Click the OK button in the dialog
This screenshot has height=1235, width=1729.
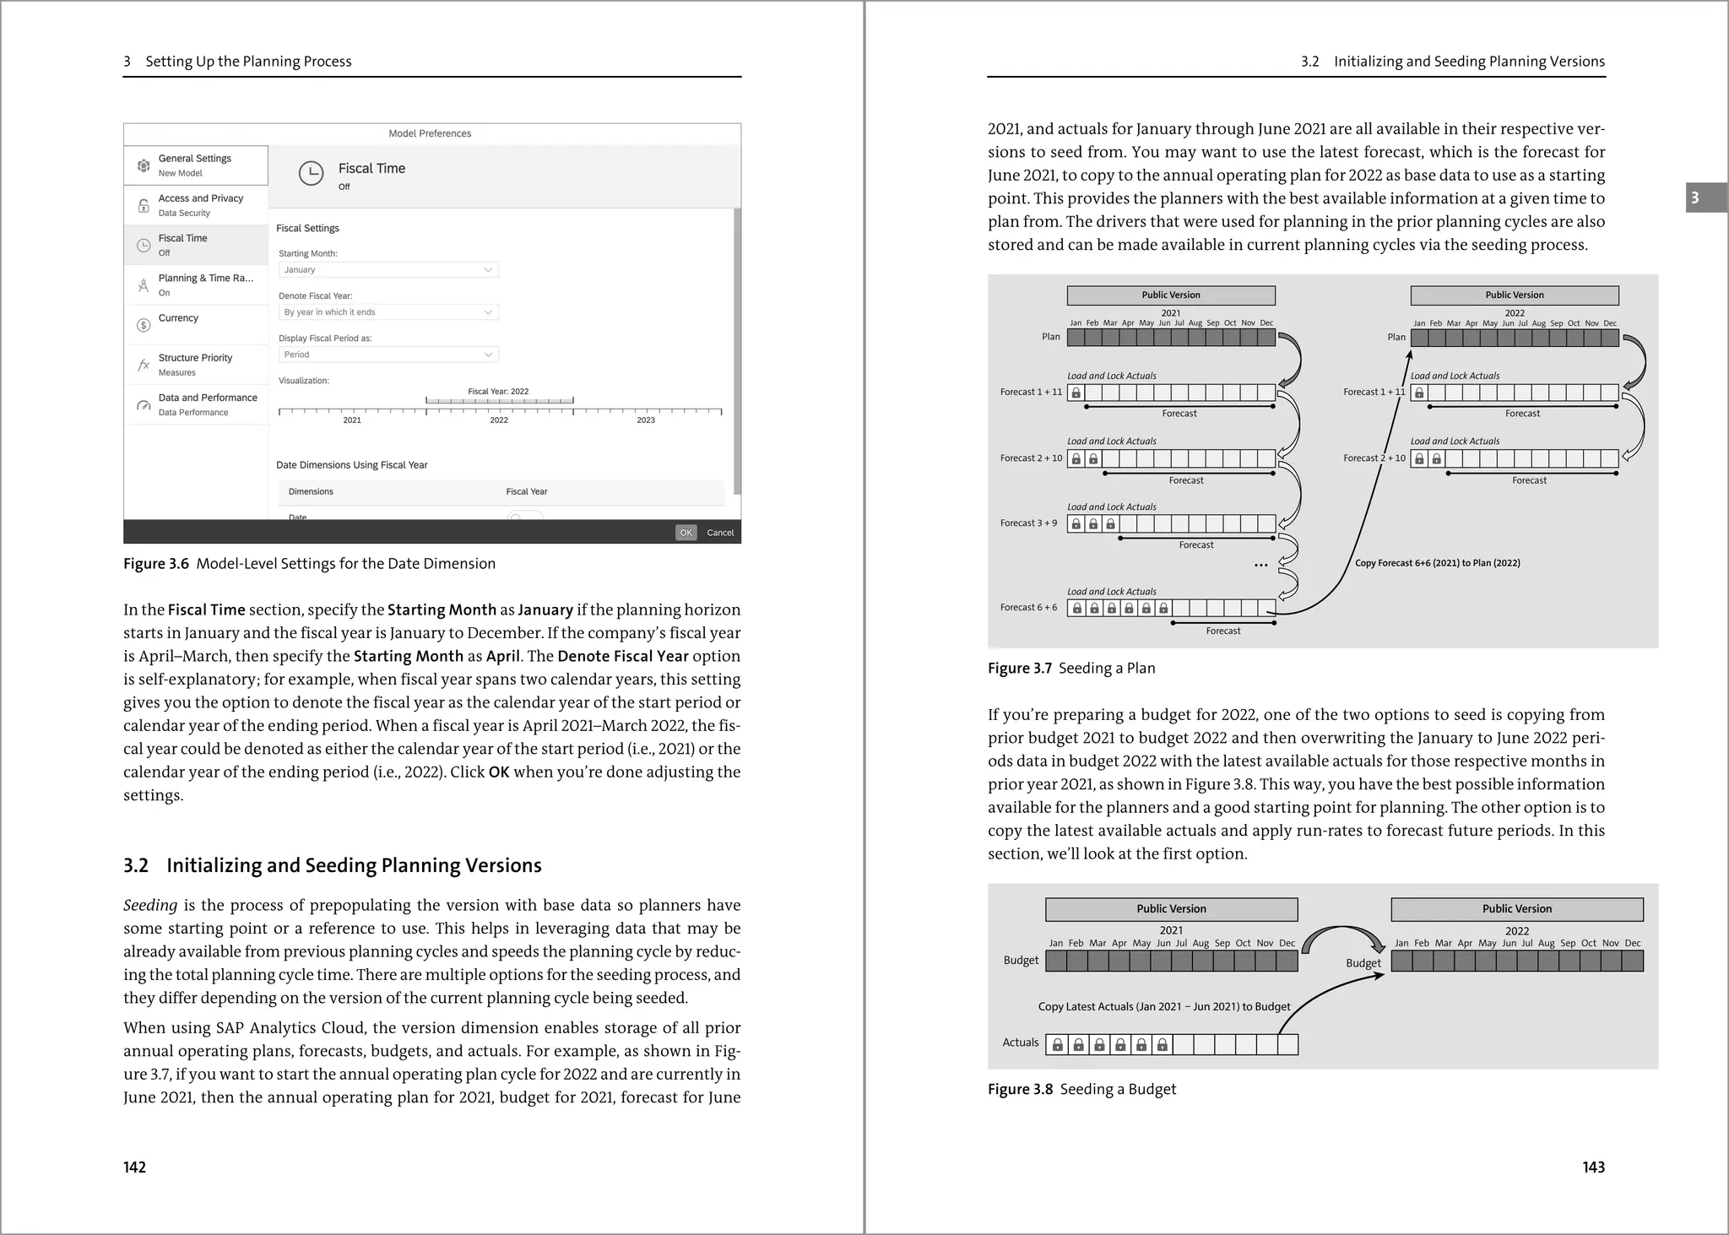click(x=686, y=533)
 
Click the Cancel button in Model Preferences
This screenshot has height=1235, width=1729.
click(x=720, y=533)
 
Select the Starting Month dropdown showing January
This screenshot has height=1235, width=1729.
click(x=388, y=270)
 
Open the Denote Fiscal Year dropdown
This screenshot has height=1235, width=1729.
click(x=388, y=312)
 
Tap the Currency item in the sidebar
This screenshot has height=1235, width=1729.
click(x=178, y=318)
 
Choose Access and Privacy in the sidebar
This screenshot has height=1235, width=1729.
click(x=200, y=198)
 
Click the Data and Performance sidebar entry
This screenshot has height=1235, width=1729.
click(x=207, y=398)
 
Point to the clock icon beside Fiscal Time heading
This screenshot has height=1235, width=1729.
click(x=311, y=173)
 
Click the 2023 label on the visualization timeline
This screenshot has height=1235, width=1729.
click(x=645, y=420)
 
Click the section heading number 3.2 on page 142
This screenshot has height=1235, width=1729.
click(x=136, y=865)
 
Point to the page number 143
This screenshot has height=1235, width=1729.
click(x=1593, y=1167)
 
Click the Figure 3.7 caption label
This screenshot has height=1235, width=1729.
click(x=1020, y=669)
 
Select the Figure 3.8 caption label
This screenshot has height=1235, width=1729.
click(x=1020, y=1089)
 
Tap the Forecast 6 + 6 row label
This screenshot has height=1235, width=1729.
click(x=1028, y=608)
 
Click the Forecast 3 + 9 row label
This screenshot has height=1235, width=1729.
click(x=1028, y=523)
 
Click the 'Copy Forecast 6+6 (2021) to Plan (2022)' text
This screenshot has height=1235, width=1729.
click(x=1437, y=563)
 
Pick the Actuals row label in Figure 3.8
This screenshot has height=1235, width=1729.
click(x=1020, y=1043)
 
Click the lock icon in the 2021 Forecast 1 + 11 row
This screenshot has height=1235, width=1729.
click(x=1076, y=393)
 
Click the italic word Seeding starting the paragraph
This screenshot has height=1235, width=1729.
click(x=150, y=905)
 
